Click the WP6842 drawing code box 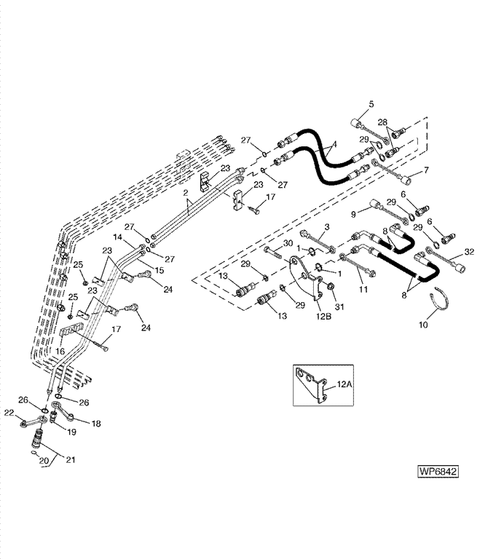click(x=438, y=471)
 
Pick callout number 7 click(x=427, y=170)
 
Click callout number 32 click(x=468, y=251)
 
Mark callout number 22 click(x=10, y=413)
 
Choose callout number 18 click(x=96, y=422)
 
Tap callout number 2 click(x=186, y=194)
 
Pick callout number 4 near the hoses click(x=334, y=146)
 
